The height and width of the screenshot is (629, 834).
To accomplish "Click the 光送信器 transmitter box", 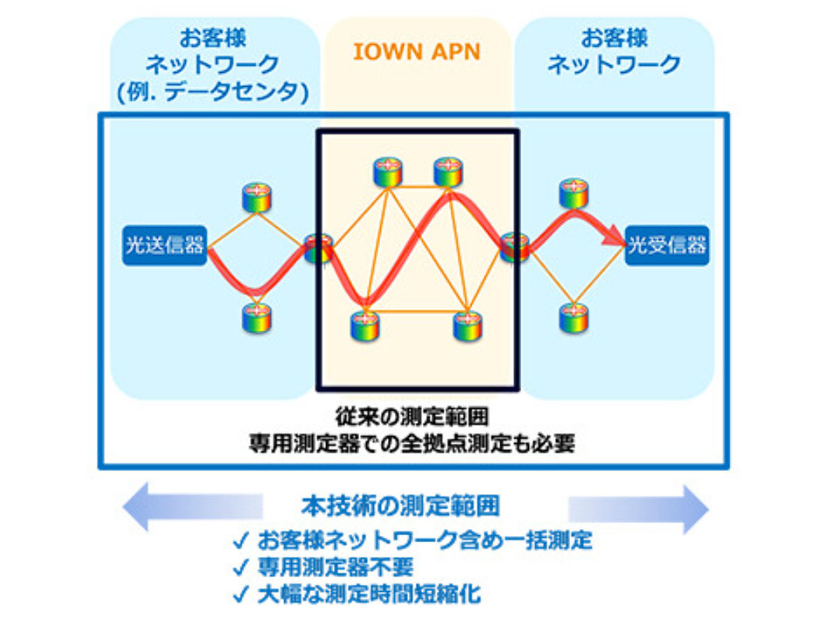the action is coord(164,245).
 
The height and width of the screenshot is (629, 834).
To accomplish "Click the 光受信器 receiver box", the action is coord(667,245).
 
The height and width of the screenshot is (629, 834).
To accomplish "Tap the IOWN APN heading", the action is coord(417,52).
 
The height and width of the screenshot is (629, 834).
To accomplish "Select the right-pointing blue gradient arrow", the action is coord(638,509).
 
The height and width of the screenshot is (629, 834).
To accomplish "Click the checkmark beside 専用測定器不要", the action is coord(241,567).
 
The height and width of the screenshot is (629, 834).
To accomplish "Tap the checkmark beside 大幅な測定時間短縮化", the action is coord(241,594).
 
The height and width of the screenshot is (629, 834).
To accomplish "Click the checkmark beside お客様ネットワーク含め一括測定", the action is coord(241,541).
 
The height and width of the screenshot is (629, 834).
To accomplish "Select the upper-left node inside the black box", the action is coord(387,172).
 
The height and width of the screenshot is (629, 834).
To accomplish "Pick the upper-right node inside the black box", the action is coord(448,172).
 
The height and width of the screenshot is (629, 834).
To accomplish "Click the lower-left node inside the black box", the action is coord(365,325).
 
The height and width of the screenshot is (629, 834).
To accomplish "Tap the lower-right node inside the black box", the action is coord(468,325).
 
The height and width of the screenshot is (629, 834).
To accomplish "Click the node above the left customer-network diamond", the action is coord(257,197).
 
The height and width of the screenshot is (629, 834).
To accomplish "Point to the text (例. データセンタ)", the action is coord(213,92).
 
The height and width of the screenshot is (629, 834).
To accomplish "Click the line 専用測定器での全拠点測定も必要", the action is coord(412,443).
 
